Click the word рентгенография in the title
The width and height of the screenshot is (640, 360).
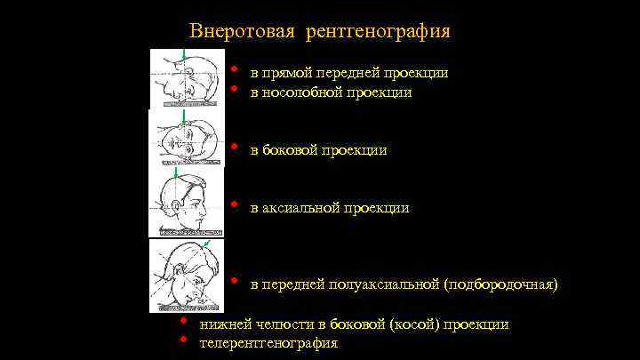379,32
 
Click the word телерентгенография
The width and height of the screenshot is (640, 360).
269,342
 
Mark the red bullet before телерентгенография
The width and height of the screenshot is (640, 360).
182,340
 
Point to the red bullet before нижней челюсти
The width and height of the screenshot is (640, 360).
182,322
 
